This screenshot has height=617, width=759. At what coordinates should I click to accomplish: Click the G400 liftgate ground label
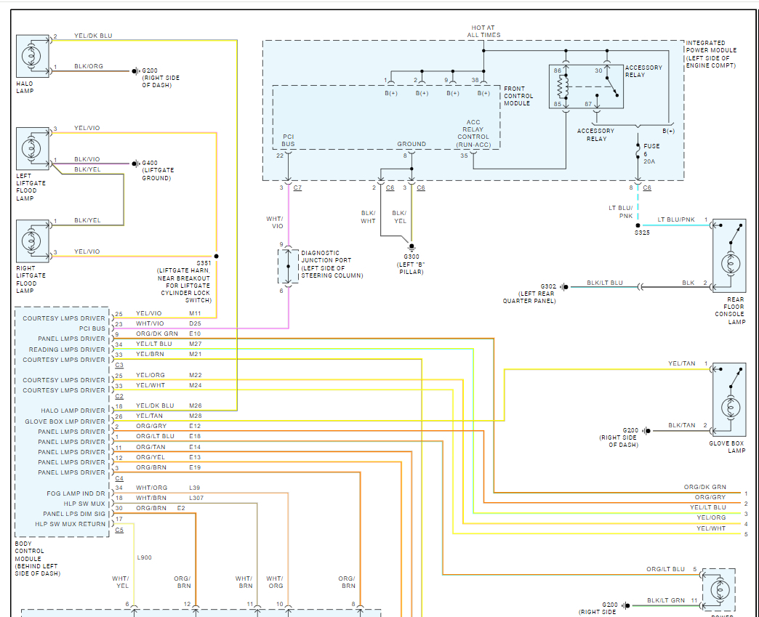tap(157, 170)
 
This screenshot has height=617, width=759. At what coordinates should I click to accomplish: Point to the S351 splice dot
tap(216, 257)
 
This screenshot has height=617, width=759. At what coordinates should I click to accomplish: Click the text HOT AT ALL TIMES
tap(484, 31)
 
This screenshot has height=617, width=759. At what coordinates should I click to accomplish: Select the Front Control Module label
tap(518, 96)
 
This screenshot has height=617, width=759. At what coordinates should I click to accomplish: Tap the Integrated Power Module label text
tap(711, 55)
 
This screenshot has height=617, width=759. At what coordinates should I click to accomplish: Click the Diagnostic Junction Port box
tap(288, 266)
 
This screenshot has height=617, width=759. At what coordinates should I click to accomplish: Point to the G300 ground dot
tap(411, 247)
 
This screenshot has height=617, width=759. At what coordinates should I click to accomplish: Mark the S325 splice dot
tap(638, 225)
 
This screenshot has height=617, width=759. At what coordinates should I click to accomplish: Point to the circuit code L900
tap(144, 557)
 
